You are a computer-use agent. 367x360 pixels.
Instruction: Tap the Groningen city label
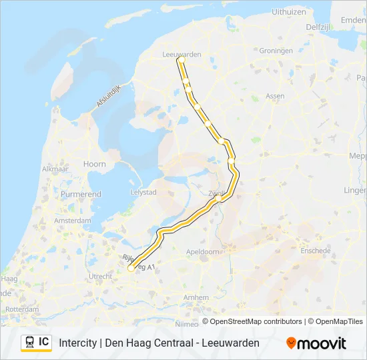276,51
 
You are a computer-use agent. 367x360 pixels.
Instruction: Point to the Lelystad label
143,192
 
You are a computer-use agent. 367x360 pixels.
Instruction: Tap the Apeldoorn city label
204,252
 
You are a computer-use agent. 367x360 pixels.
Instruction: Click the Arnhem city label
196,296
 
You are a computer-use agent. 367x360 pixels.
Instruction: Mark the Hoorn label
95,164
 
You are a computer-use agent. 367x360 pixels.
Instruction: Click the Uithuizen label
289,11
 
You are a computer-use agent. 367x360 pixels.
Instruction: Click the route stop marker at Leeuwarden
181,60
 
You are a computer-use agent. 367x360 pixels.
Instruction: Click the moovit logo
316,343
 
